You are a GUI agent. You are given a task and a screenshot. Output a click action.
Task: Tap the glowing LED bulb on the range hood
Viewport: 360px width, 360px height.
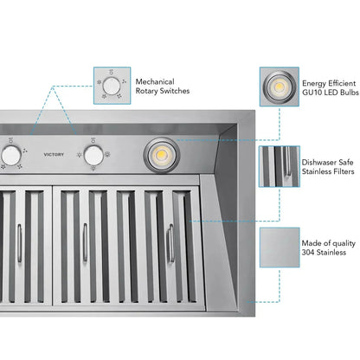(160, 154)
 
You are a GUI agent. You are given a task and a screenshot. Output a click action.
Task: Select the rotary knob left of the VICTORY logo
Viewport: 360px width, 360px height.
(11, 154)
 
